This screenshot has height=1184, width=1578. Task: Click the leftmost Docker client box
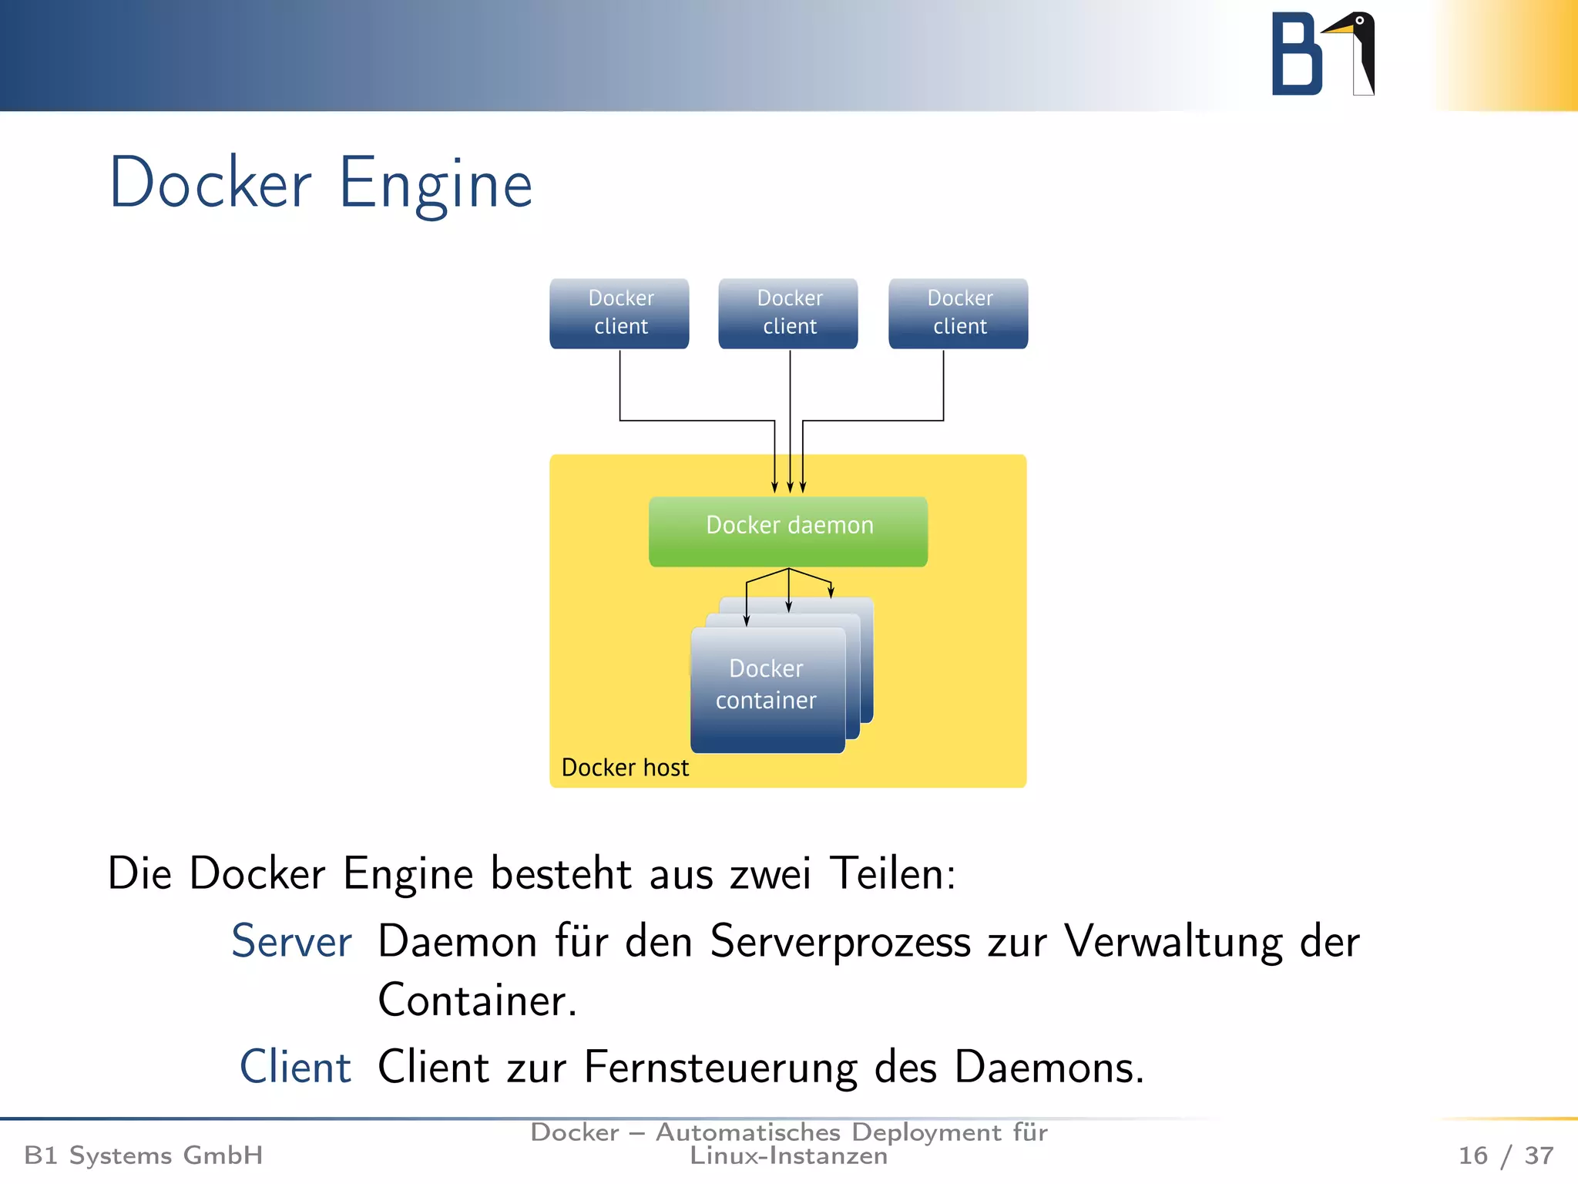point(619,313)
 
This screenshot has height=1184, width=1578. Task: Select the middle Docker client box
point(788,313)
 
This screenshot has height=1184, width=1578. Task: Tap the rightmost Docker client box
point(959,313)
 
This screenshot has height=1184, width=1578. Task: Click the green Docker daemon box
point(788,531)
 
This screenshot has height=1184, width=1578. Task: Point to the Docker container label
point(767,684)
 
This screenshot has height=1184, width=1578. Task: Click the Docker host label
point(625,768)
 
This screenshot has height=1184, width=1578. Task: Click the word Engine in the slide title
point(436,185)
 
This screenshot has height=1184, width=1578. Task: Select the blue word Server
point(292,942)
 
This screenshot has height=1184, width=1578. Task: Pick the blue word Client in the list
point(296,1068)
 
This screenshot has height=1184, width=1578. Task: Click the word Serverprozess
point(840,942)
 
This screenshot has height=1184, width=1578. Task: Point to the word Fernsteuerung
point(720,1068)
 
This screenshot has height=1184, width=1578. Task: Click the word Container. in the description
point(478,1001)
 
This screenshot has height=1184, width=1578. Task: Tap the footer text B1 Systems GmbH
point(144,1155)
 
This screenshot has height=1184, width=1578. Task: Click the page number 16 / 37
point(1506,1155)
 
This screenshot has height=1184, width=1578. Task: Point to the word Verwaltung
point(1173,942)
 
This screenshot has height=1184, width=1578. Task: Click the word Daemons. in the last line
point(1049,1068)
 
